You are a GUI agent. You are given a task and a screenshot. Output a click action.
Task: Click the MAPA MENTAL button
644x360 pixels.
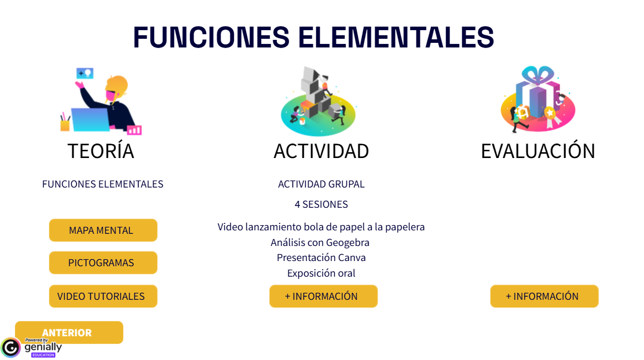coord(103,230)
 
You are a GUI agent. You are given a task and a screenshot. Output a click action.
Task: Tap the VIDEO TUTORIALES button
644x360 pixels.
coord(103,296)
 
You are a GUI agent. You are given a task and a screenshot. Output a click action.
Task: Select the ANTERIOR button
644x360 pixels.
coord(68,332)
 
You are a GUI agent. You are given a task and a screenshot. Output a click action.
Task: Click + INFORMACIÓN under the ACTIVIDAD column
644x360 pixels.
coord(323,296)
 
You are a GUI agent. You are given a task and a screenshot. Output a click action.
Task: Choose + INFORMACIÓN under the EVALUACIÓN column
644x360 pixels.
coord(543,296)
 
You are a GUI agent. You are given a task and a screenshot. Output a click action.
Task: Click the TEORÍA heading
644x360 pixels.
coord(101,151)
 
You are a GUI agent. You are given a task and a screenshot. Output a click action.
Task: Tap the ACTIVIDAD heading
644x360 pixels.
coord(321,151)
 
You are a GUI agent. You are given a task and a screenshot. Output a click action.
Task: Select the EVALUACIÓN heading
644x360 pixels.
coord(537,151)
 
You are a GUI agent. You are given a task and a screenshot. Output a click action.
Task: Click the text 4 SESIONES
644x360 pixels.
coord(321,204)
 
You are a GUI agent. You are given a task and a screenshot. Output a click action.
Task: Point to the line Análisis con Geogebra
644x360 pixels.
coord(320,243)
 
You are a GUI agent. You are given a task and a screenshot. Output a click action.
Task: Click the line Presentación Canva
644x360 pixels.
coord(321,258)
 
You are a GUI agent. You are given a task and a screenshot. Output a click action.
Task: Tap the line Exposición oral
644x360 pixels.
coord(321,273)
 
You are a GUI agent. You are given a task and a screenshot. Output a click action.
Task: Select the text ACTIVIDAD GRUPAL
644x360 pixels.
coord(321,184)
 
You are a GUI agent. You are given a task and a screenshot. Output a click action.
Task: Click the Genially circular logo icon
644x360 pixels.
coord(11,347)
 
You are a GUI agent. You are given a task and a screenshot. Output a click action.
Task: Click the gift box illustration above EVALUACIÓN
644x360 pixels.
coord(538,98)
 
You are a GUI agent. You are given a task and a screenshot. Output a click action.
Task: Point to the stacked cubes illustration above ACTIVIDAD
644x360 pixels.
coord(317,98)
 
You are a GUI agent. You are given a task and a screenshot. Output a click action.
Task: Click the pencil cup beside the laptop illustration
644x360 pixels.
coord(65,123)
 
